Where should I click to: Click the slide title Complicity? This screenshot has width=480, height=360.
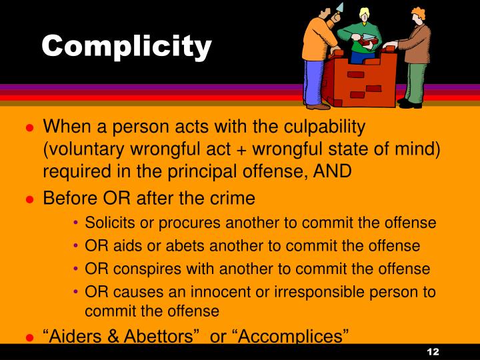coord(127,46)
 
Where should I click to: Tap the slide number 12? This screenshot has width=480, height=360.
coord(433,351)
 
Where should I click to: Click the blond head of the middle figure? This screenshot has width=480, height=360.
coord(365,15)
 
